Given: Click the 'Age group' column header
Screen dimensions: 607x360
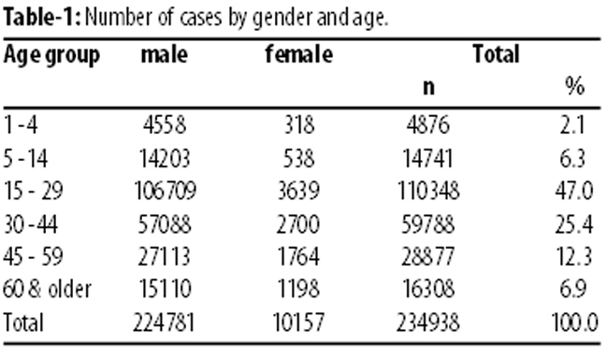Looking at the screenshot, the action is click(51, 56).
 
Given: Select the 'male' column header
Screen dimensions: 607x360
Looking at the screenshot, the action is click(164, 54).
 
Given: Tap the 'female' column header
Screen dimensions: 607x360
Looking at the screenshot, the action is click(299, 54).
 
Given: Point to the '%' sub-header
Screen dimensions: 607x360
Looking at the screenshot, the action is click(574, 86).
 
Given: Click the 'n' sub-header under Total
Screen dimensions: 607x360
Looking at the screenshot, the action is click(428, 88).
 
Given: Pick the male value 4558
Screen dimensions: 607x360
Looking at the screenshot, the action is click(165, 125).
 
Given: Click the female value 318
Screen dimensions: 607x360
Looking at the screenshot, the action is click(299, 125).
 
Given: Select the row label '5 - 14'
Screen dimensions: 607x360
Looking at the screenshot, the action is click(25, 158).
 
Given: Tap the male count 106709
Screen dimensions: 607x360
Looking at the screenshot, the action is click(165, 191).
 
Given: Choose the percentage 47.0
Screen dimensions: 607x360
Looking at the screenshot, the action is click(573, 191).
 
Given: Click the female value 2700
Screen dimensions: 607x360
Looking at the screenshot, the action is click(298, 224).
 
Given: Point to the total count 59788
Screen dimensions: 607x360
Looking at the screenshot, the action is click(427, 224).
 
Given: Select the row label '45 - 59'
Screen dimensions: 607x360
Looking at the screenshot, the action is click(33, 256).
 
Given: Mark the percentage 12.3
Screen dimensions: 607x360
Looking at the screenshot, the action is click(574, 256).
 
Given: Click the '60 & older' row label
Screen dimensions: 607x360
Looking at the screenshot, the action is click(47, 289).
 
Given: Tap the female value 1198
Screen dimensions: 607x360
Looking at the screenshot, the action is click(298, 289).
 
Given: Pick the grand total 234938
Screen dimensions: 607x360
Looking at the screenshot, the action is click(427, 322).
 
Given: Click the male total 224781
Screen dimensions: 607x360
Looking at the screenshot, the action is click(164, 322).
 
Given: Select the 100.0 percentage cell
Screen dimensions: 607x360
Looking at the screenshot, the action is click(575, 322).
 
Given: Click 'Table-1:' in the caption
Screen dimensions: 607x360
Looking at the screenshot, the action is click(42, 18).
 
